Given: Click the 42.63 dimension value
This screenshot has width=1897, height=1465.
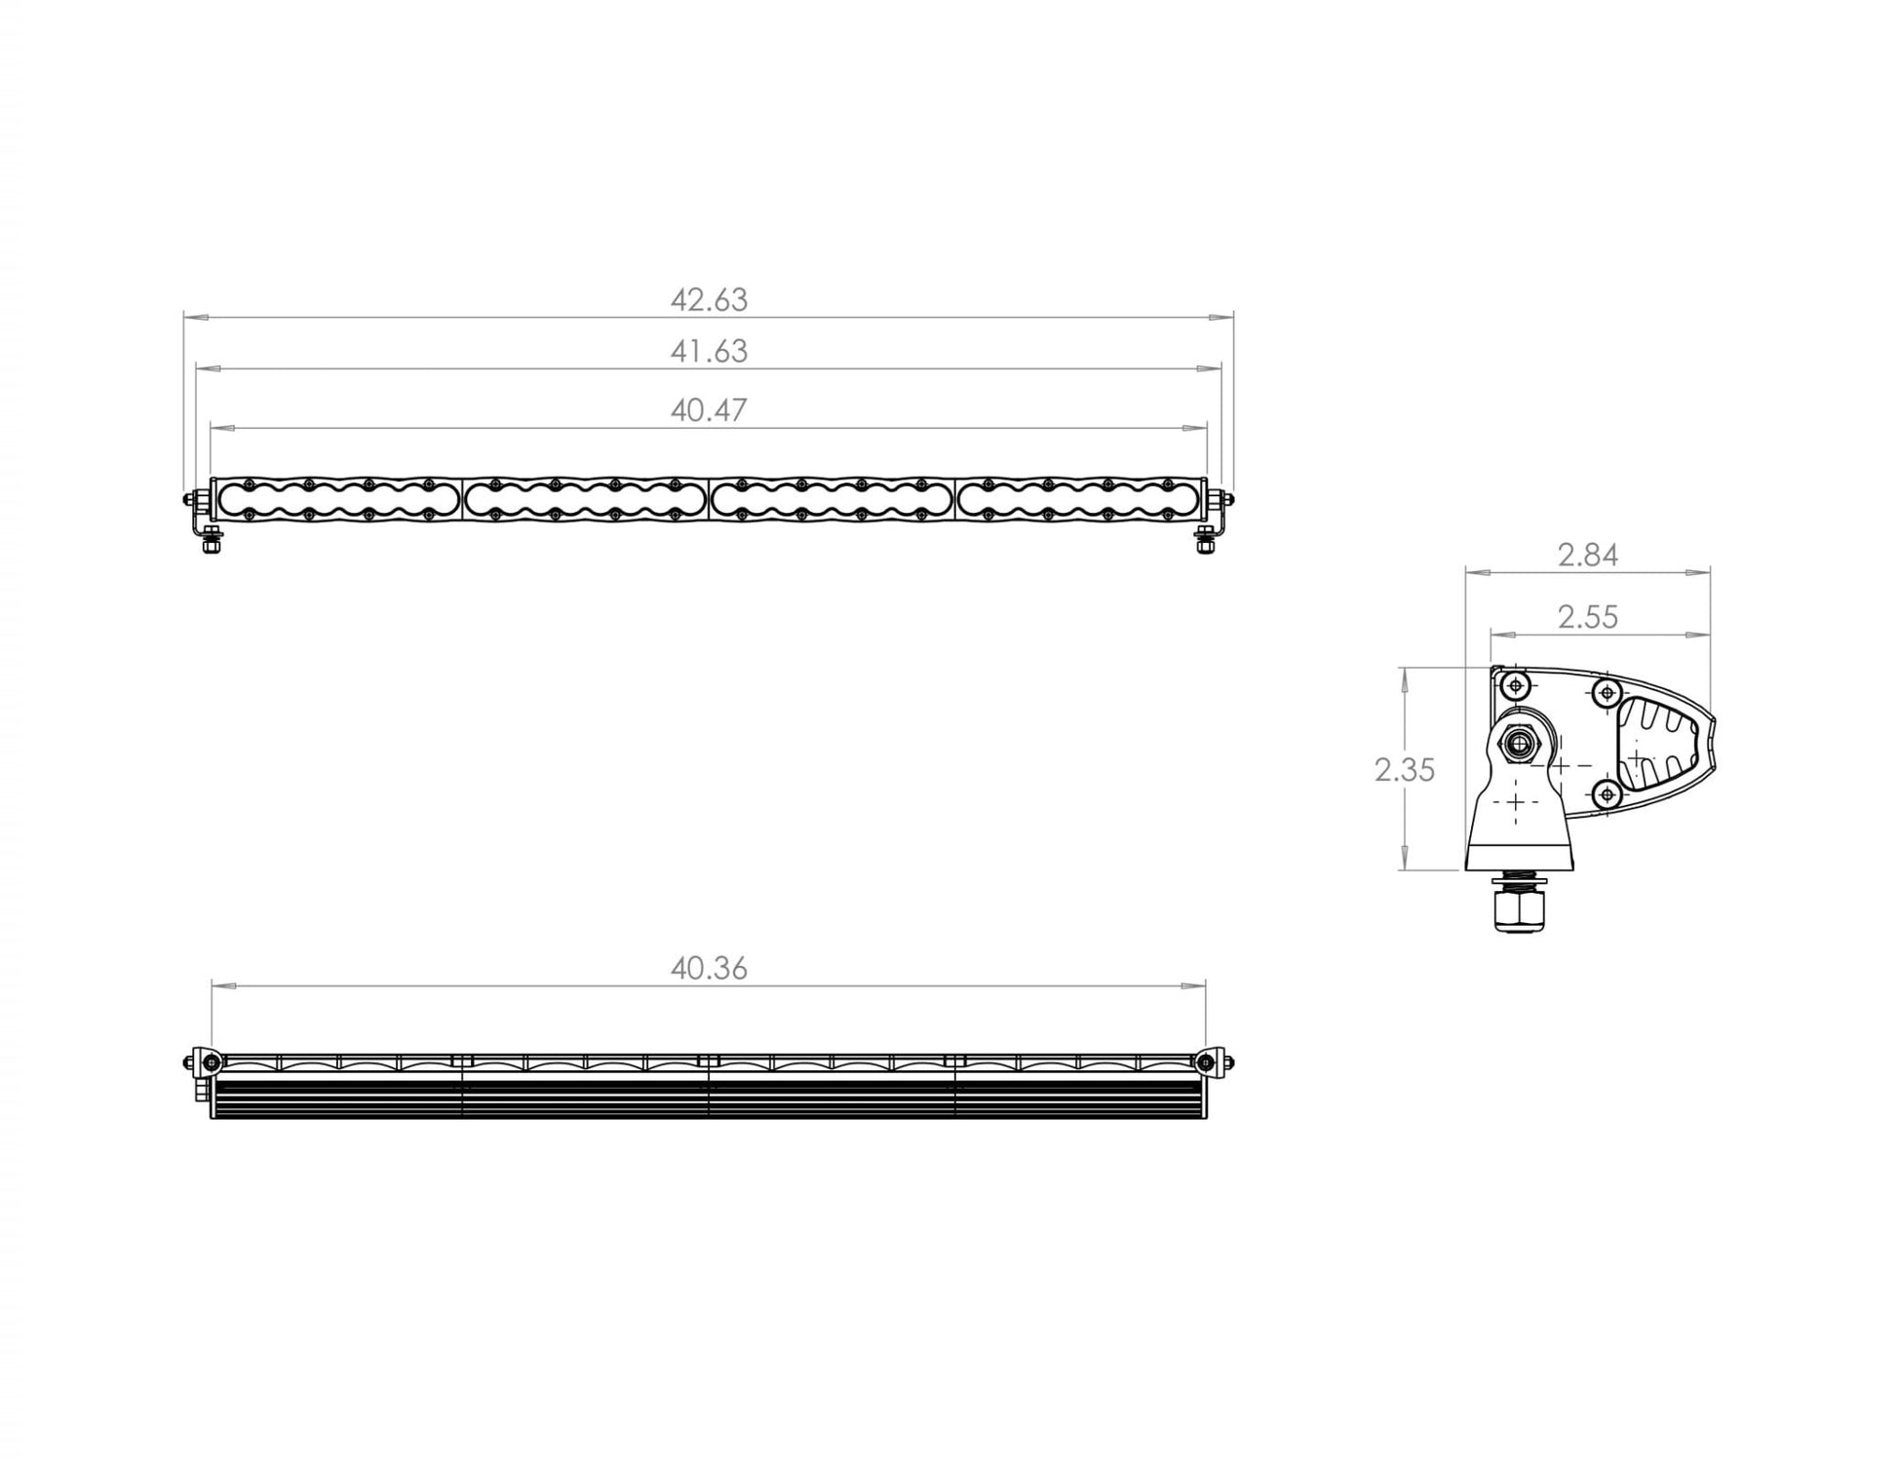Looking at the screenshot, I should point(709,300).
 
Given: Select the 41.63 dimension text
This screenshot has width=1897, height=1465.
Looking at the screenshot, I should point(709,352).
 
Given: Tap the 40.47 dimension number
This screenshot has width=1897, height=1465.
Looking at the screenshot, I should point(709,410).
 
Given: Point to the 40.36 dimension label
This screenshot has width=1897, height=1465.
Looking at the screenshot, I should point(709,969).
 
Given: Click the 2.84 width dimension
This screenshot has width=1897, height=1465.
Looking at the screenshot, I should point(1587,556).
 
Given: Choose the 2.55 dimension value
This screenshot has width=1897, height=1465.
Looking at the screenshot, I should point(1587,617).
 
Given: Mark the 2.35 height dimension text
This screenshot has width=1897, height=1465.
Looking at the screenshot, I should point(1404,771).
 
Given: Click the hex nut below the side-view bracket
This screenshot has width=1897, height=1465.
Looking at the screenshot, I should point(1516,911).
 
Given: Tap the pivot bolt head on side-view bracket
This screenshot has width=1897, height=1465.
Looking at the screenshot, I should point(1519,746).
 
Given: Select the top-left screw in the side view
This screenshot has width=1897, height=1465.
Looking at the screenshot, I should point(1516,686).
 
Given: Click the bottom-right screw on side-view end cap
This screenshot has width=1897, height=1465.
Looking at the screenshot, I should point(1607,795).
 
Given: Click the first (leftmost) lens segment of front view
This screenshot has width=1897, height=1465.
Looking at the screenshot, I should point(337,499).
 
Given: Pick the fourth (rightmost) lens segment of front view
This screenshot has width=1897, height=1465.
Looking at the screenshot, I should point(1077,499).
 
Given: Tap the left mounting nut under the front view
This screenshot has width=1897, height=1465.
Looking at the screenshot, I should point(210,545).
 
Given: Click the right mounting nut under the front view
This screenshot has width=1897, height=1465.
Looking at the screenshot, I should point(1205,545).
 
